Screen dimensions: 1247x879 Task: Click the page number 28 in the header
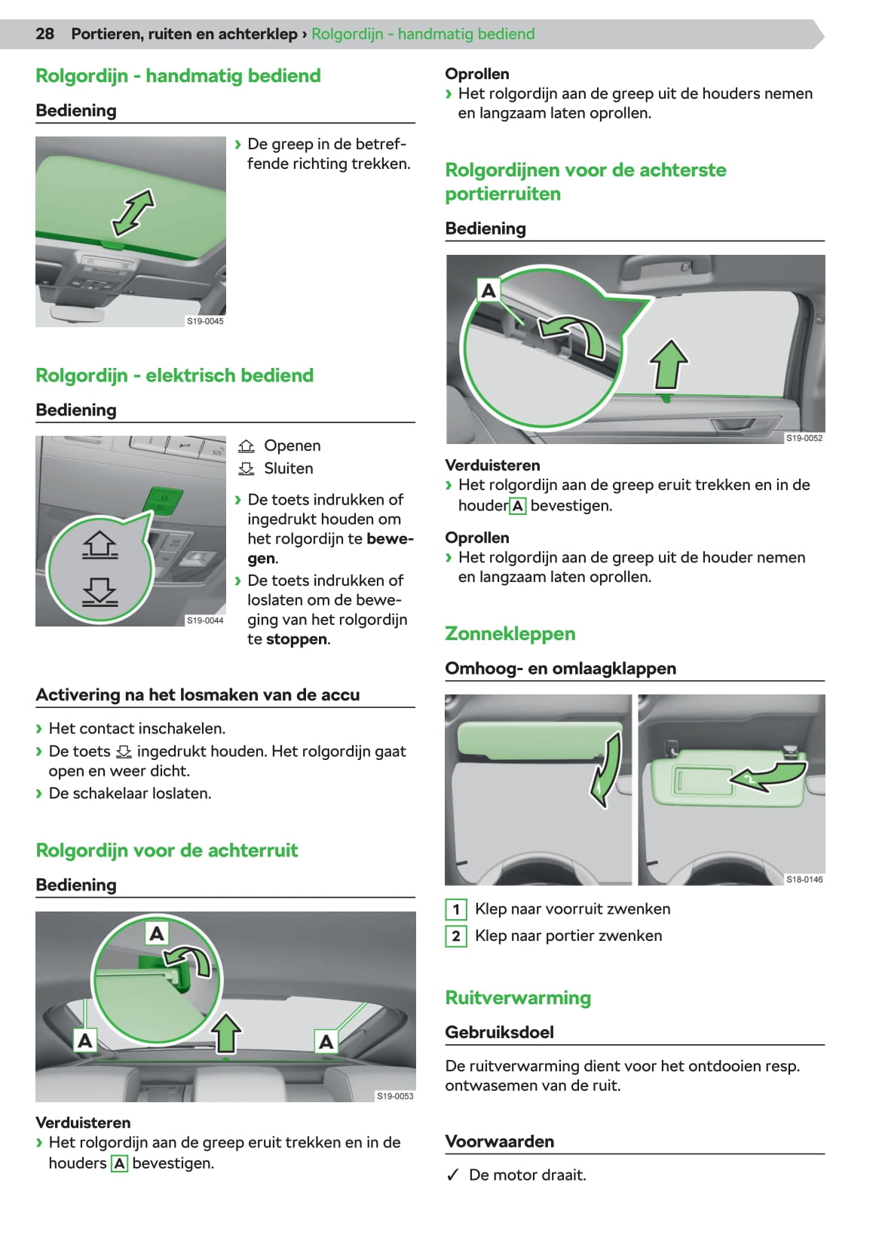click(x=44, y=34)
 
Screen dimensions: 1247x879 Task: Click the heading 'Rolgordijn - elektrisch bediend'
click(x=174, y=375)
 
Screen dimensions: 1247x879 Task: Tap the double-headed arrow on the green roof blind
click(x=133, y=213)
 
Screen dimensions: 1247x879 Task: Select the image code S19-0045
click(x=205, y=321)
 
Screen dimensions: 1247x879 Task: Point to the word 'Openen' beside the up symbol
click(x=292, y=446)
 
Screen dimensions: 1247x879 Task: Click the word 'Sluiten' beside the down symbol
click(x=288, y=468)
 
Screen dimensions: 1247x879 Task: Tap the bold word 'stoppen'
click(x=296, y=639)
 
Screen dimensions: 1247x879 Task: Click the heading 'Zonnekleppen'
click(x=510, y=634)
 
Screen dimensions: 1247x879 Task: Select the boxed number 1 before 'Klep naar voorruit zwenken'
click(x=456, y=909)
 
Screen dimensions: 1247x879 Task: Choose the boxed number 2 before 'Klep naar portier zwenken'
click(x=456, y=936)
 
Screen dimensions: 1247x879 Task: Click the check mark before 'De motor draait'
click(x=452, y=1175)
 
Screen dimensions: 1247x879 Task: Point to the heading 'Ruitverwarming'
click(x=518, y=998)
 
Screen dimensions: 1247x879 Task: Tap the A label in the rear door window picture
click(x=489, y=290)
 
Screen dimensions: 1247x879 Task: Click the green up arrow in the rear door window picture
click(x=669, y=364)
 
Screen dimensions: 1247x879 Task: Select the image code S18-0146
click(x=804, y=880)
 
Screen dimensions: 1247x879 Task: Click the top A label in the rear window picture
click(x=157, y=933)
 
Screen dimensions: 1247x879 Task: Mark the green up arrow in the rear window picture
click(x=226, y=1032)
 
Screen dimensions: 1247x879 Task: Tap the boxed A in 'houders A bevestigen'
click(x=119, y=1164)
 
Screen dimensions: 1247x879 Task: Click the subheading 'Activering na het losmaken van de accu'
click(x=198, y=695)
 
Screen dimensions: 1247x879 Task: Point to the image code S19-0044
click(x=205, y=620)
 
